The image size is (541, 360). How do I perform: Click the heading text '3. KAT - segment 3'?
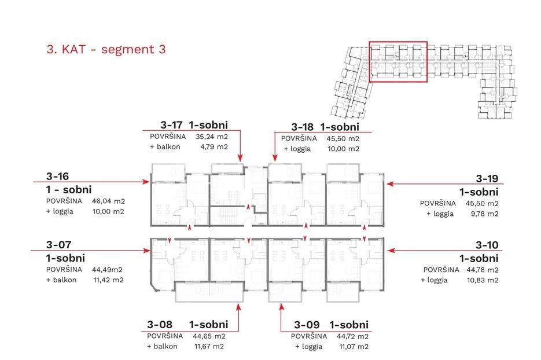(x=106, y=49)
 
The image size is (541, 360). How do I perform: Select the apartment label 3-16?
(x=58, y=177)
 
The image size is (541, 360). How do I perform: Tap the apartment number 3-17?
(x=171, y=125)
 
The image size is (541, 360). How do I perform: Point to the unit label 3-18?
(x=302, y=127)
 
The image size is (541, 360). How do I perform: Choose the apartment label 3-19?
(x=487, y=179)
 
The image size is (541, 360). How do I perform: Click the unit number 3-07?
(x=58, y=245)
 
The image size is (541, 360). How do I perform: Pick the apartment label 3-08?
(x=160, y=325)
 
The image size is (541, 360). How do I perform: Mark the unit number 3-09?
(x=307, y=325)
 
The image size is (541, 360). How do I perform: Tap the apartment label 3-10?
(x=487, y=245)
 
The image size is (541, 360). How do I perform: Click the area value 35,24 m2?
(x=212, y=137)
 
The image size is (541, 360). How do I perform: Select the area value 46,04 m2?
(x=108, y=201)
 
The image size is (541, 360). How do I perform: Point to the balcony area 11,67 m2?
(x=209, y=346)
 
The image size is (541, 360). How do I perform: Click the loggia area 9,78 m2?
(x=484, y=214)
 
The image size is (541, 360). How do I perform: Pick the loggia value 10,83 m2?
(x=483, y=280)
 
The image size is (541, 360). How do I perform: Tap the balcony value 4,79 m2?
(x=214, y=147)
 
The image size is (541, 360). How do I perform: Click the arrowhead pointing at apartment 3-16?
(x=146, y=182)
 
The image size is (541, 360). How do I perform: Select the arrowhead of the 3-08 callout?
(x=238, y=307)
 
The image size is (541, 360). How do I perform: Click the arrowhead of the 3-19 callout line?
(x=391, y=184)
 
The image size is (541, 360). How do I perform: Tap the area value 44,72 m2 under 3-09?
(x=352, y=336)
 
